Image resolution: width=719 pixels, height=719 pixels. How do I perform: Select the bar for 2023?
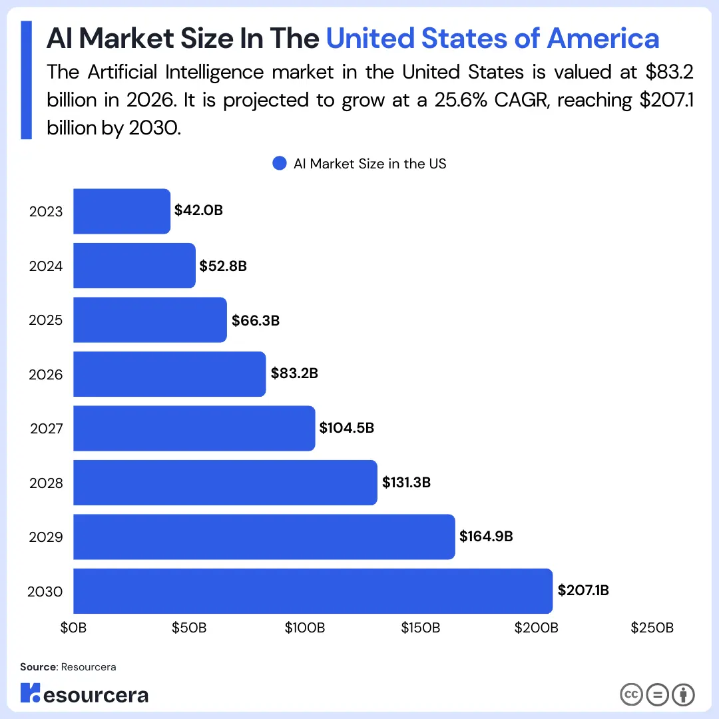(x=121, y=211)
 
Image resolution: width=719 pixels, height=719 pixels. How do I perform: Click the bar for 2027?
(x=194, y=428)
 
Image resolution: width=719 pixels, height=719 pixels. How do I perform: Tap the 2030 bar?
(x=312, y=591)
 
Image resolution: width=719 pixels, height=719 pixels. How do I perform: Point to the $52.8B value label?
(x=223, y=266)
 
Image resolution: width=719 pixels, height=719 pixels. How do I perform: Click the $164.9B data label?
(x=486, y=537)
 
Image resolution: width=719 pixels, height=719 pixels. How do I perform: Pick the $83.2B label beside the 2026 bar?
(x=294, y=373)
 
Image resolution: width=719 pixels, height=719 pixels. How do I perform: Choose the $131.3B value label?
(x=406, y=482)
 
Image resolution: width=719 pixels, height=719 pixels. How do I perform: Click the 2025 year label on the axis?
(x=46, y=320)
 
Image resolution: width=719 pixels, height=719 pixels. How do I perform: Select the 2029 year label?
(x=46, y=537)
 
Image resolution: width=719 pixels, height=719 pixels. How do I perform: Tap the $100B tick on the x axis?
(x=305, y=628)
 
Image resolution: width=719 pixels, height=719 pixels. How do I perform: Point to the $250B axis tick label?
(x=652, y=628)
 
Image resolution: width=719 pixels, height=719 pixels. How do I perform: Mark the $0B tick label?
(x=73, y=628)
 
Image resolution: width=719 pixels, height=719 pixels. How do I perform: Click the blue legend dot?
(x=280, y=164)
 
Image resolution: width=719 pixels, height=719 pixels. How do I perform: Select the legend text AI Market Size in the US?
(x=370, y=164)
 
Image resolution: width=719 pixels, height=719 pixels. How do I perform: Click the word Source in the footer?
(x=38, y=666)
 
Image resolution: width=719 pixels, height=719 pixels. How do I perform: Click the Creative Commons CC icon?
(x=631, y=694)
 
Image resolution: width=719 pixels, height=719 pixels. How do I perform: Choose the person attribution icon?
(x=683, y=694)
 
